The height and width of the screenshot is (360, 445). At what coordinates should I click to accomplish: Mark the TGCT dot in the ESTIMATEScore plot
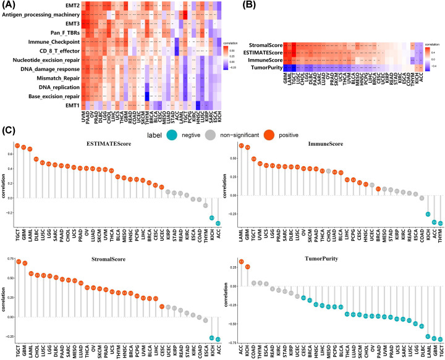tap(17, 145)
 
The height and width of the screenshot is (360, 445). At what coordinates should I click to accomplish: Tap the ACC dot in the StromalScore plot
tap(218, 339)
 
